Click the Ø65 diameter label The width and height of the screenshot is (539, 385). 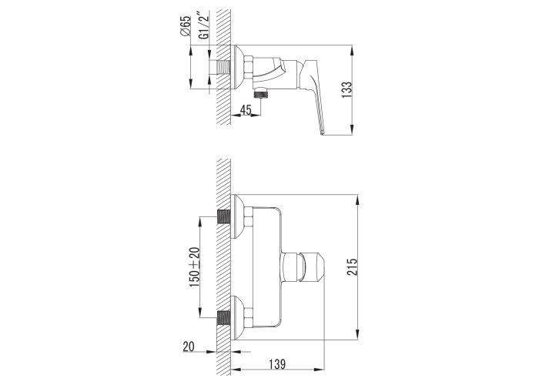pyautogui.click(x=185, y=25)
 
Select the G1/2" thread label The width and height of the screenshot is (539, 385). pyautogui.click(x=204, y=26)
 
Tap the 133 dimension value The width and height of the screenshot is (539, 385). pyautogui.click(x=346, y=90)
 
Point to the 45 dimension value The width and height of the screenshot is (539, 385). pyautogui.click(x=246, y=110)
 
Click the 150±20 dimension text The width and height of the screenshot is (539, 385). pyautogui.click(x=194, y=267)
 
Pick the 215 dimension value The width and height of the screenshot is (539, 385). pyautogui.click(x=353, y=266)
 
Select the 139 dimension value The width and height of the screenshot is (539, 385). pyautogui.click(x=277, y=363)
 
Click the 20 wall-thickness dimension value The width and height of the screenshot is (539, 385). pyautogui.click(x=189, y=346)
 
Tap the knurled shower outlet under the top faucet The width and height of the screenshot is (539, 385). pyautogui.click(x=261, y=93)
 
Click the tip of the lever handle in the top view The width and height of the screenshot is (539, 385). pyautogui.click(x=323, y=132)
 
